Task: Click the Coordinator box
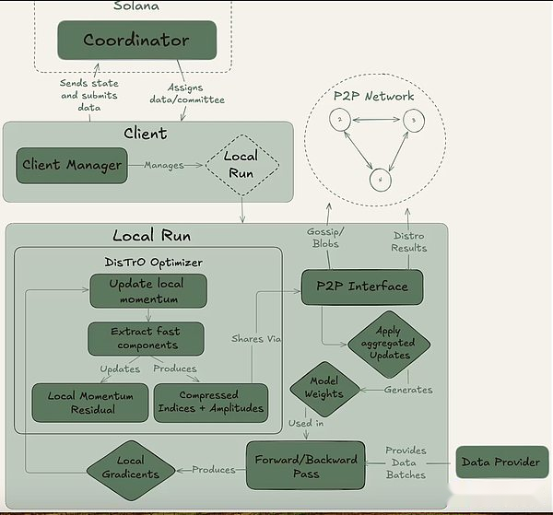pyautogui.click(x=136, y=40)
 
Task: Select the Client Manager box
pyautogui.click(x=72, y=165)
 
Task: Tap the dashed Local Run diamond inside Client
pyautogui.click(x=241, y=165)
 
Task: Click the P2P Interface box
pyautogui.click(x=362, y=287)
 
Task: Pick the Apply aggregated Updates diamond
pyautogui.click(x=389, y=344)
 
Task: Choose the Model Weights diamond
pyautogui.click(x=324, y=389)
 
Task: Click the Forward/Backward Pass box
pyautogui.click(x=306, y=465)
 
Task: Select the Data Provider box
pyautogui.click(x=502, y=462)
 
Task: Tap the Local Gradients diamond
pyautogui.click(x=131, y=470)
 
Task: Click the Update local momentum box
pyautogui.click(x=148, y=291)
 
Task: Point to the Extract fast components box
pyautogui.click(x=146, y=338)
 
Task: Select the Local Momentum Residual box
pyautogui.click(x=90, y=403)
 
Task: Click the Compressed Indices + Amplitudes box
pyautogui.click(x=211, y=403)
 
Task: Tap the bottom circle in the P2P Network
pyautogui.click(x=380, y=180)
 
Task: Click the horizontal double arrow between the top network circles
pyautogui.click(x=377, y=120)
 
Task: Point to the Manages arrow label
pyautogui.click(x=164, y=165)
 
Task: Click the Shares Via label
pyautogui.click(x=256, y=339)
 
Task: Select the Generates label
pyautogui.click(x=408, y=390)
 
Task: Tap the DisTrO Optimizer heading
pyautogui.click(x=153, y=263)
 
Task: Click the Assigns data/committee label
pyautogui.click(x=187, y=93)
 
